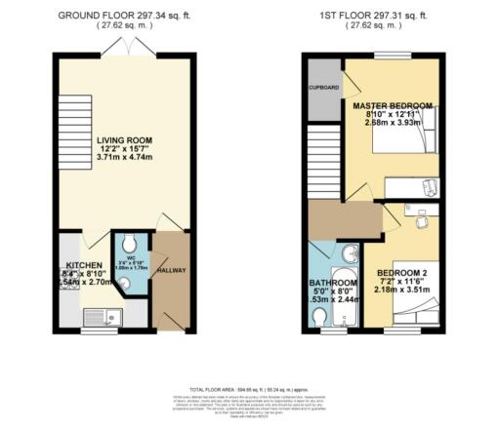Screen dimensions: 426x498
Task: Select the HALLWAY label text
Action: [x=171, y=270]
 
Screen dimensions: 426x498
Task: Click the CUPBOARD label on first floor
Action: [x=324, y=87]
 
